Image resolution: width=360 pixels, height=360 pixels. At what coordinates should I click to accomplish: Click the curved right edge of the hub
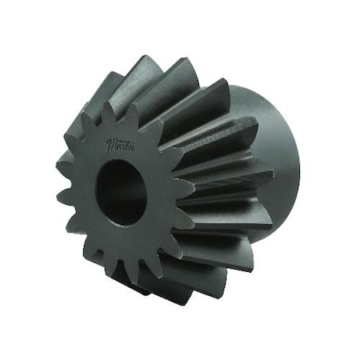pyautogui.click(x=298, y=160)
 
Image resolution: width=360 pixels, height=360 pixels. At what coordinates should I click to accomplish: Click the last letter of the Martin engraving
pyautogui.click(x=133, y=146)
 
